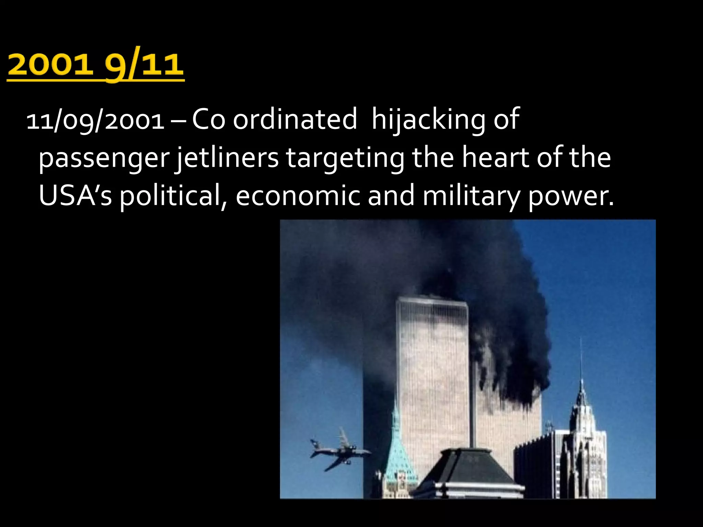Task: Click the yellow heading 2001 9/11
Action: pos(95,65)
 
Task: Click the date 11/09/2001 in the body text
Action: pos(95,121)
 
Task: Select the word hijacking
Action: pos(428,120)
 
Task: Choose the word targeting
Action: pos(345,159)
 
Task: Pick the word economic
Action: pos(298,196)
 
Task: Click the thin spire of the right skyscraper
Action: pos(581,360)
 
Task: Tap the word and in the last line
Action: pos(391,196)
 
